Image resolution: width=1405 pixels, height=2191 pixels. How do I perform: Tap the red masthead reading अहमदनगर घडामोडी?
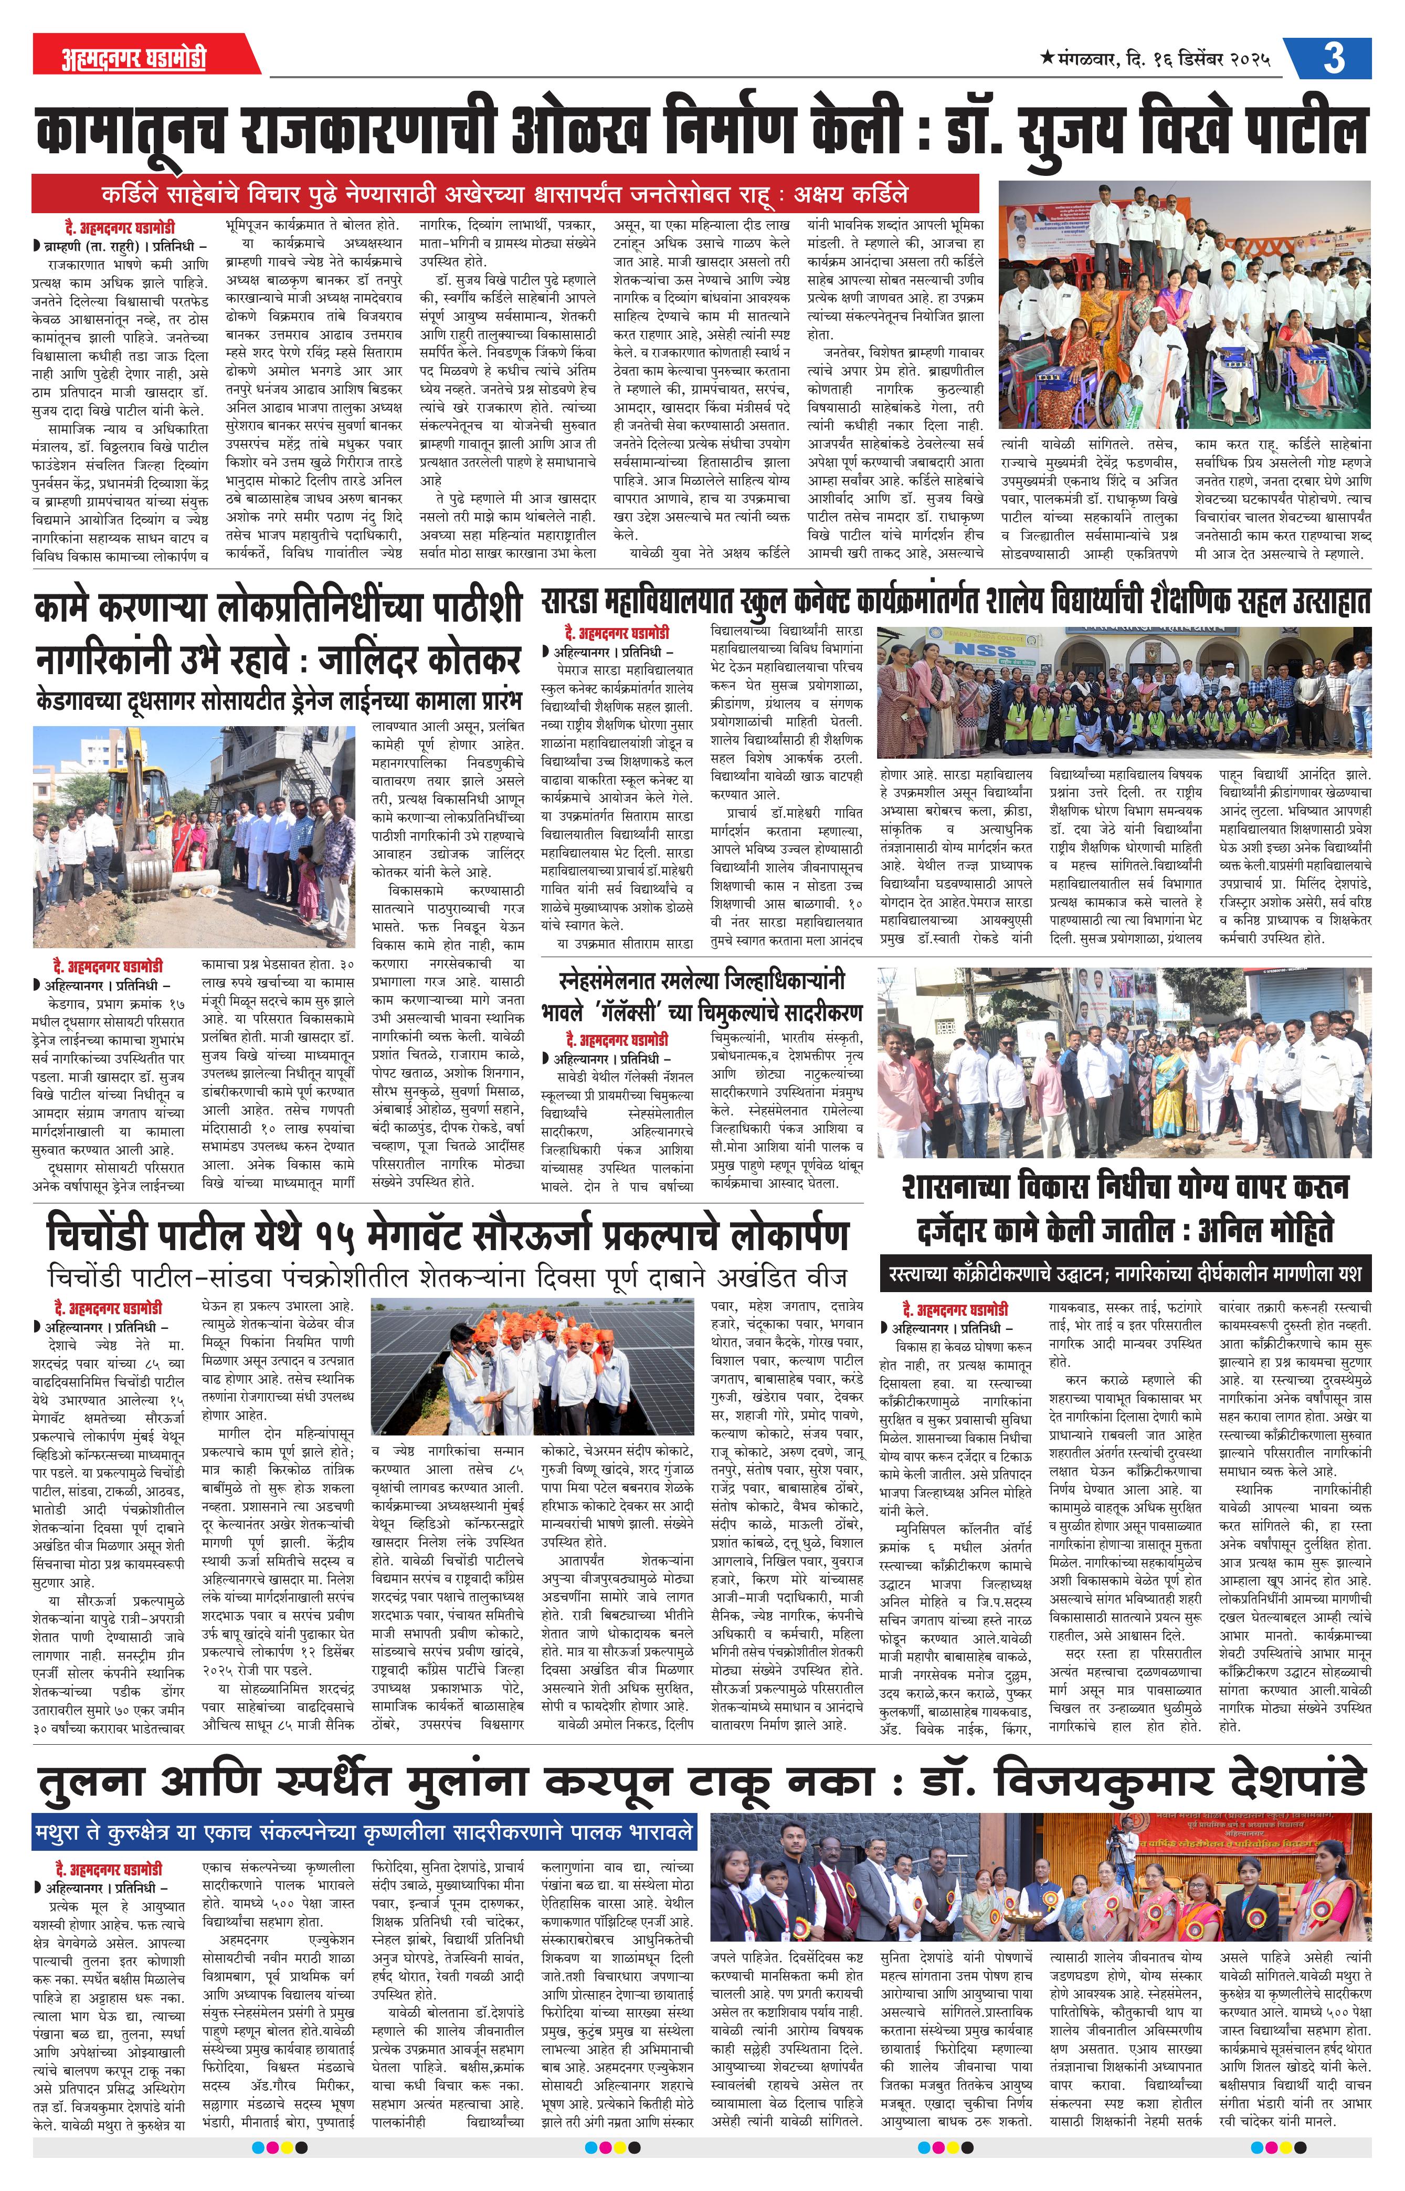pos(134,58)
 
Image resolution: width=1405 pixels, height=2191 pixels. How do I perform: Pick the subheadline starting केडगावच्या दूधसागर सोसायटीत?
pos(278,701)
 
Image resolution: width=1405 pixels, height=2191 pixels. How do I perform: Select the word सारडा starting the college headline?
pos(570,602)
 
